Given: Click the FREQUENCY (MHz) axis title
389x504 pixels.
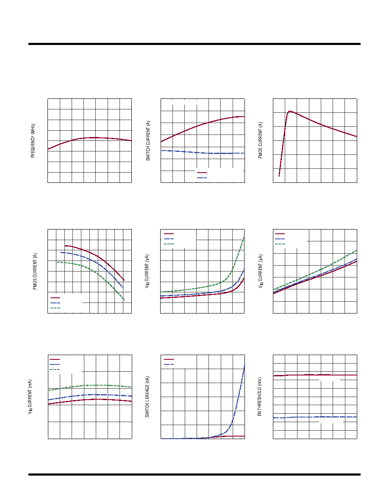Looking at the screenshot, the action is (33, 141).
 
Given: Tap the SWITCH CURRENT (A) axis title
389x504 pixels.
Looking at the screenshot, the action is (148, 141).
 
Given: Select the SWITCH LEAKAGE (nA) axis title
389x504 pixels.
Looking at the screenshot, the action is (147, 397).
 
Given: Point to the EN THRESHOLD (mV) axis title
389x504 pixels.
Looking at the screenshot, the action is (260, 397).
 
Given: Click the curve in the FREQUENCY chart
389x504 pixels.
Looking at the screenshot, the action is (89, 140).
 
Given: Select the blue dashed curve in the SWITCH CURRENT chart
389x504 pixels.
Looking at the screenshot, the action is (203, 152).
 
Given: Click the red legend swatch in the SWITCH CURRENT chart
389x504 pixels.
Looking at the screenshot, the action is (202, 173).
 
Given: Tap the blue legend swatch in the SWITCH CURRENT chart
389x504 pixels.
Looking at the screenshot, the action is (202, 178).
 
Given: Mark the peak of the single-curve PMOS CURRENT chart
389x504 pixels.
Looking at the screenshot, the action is (289, 111).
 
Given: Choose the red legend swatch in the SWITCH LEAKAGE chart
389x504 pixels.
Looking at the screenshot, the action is (169, 359).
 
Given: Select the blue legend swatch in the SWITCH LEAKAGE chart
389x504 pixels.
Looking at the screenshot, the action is (169, 364).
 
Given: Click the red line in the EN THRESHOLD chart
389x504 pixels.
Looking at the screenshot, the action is (315, 375).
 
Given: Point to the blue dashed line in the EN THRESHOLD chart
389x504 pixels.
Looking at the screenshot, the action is (315, 417).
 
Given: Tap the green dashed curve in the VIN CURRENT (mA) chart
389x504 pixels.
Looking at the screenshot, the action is (90, 385).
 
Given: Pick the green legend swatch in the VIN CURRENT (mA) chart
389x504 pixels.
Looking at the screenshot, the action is (55, 370).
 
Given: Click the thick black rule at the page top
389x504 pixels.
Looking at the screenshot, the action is (194, 44).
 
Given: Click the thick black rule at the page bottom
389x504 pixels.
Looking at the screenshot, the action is (194, 474).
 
